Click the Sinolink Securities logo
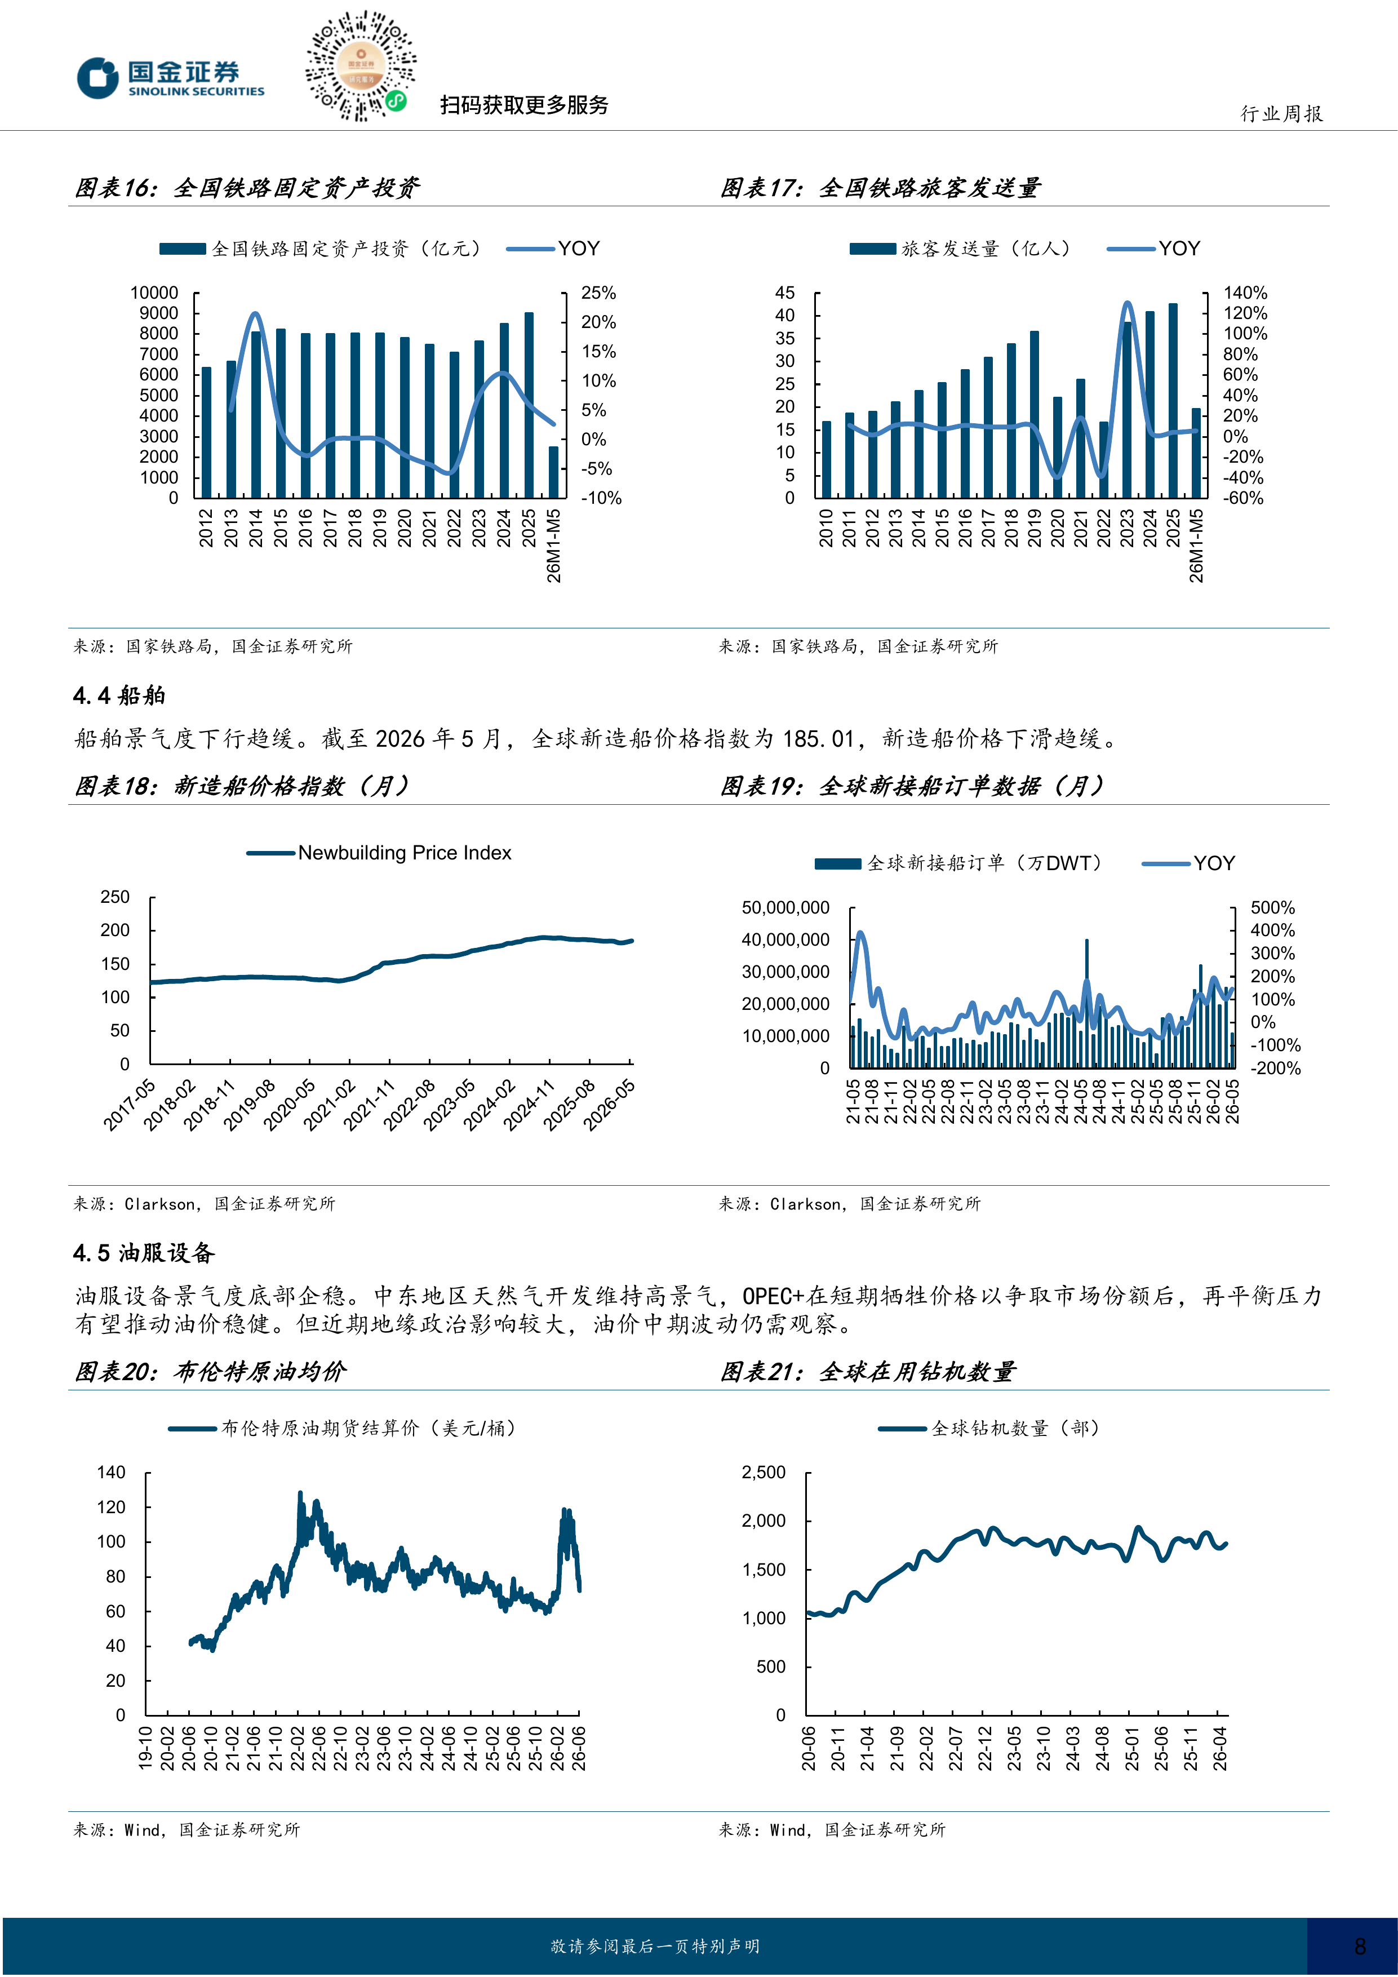[x=170, y=78]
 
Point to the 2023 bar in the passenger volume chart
[x=1127, y=410]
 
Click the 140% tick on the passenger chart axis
[x=1245, y=292]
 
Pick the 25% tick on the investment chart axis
[x=598, y=292]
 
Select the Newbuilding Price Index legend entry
[x=380, y=853]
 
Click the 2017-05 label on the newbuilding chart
[x=129, y=1105]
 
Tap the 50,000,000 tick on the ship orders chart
[x=785, y=907]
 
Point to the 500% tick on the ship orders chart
[x=1272, y=907]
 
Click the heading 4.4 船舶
[x=119, y=696]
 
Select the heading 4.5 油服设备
[x=144, y=1253]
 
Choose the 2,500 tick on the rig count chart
[x=764, y=1473]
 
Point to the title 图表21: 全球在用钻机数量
[x=868, y=1372]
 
